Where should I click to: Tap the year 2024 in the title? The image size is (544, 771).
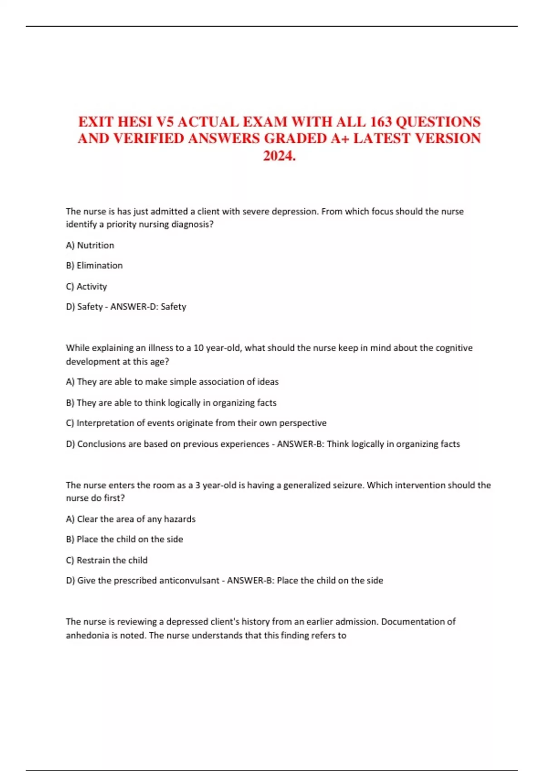[277, 156]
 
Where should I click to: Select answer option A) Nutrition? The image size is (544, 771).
[90, 245]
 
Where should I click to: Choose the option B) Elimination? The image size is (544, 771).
[94, 266]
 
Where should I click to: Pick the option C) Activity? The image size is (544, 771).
[87, 287]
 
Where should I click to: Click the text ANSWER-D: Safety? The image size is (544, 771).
[148, 307]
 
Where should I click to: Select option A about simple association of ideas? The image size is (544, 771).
[172, 382]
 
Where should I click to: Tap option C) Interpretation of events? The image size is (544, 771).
[196, 423]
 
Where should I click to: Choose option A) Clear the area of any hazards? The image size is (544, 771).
[131, 519]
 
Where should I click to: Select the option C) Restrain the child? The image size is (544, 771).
[107, 561]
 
